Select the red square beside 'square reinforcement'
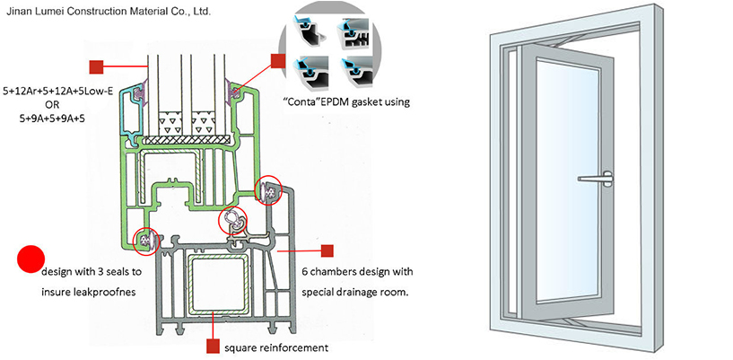click(x=214, y=346)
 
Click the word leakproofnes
click(x=109, y=293)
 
